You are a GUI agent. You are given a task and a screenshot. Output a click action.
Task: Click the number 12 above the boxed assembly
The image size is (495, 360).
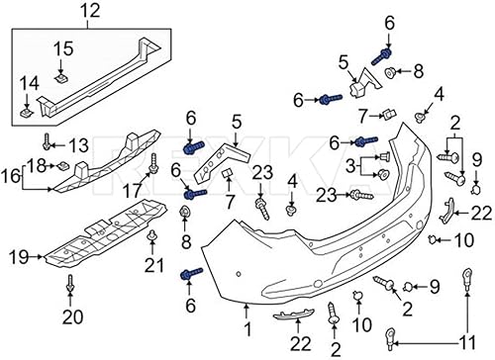90,13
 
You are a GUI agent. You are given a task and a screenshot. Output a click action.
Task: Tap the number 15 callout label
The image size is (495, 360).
62,47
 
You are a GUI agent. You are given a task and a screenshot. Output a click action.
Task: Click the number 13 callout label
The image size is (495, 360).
78,145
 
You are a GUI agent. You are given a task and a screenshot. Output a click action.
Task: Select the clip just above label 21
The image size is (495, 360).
152,237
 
